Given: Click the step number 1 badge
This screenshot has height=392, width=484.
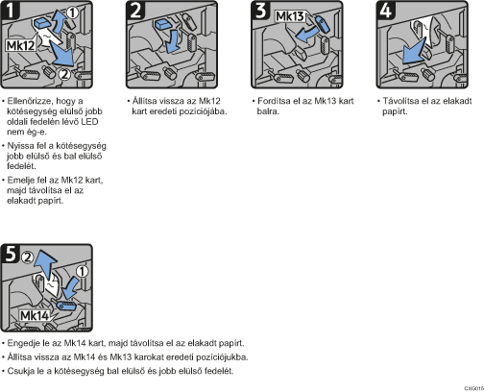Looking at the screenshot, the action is (x=11, y=10).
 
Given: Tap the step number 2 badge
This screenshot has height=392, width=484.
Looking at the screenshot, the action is (x=135, y=10).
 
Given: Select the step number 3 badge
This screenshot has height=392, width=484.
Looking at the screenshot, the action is (x=261, y=10).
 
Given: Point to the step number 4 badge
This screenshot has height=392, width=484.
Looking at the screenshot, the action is (x=386, y=10).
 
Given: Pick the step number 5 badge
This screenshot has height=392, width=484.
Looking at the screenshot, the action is (x=11, y=254).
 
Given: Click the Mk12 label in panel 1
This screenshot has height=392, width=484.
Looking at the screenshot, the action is (x=21, y=45).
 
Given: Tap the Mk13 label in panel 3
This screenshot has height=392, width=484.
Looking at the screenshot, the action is (x=290, y=16).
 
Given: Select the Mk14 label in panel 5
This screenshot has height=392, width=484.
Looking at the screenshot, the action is (x=35, y=316).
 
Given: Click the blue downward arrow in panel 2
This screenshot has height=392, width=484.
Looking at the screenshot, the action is (x=173, y=41).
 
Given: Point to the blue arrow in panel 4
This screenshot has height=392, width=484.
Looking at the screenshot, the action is (x=414, y=51).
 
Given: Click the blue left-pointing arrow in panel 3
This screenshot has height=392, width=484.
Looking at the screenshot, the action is (x=306, y=35).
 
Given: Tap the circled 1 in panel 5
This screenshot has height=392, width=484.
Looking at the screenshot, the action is (x=83, y=271).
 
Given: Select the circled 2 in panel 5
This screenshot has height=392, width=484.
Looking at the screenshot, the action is (x=28, y=257).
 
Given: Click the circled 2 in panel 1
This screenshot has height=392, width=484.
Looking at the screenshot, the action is (x=64, y=75).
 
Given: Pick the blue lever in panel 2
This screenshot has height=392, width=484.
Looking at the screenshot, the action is (x=163, y=24).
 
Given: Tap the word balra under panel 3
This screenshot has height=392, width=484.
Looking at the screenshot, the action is (x=268, y=111).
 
